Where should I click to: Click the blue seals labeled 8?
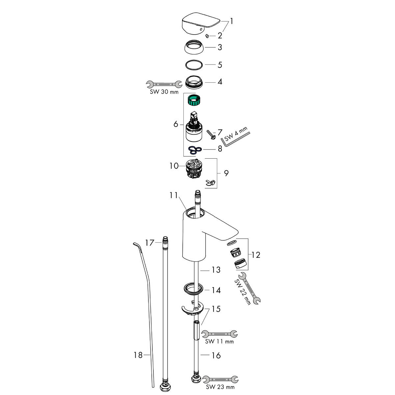tap(195, 150)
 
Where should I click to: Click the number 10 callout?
tap(173, 166)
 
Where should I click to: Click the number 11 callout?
tap(173, 196)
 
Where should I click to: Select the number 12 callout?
tap(255, 255)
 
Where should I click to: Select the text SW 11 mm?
tap(219, 342)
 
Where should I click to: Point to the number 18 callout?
tap(138, 355)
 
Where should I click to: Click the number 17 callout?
tap(150, 243)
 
